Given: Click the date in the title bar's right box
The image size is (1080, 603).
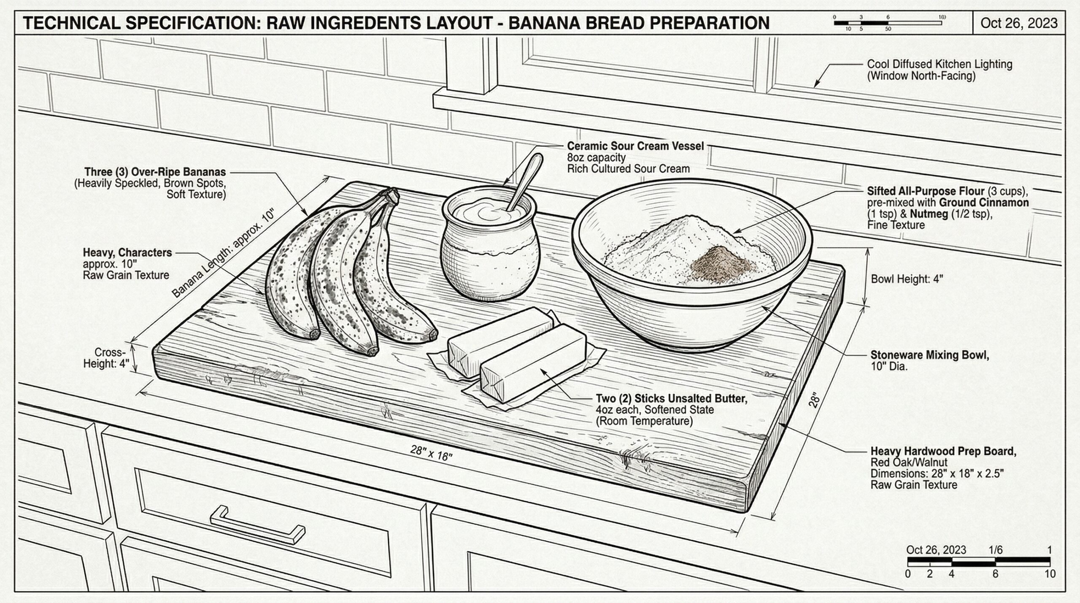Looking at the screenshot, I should point(1018,23).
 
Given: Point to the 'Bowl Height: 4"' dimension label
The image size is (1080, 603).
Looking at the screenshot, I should point(907,279).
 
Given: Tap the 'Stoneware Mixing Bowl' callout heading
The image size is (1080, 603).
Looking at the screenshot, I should point(929,355).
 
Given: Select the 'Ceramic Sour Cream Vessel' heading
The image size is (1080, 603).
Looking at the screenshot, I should point(635,146).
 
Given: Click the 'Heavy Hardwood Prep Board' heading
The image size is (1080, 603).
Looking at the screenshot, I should point(943,451).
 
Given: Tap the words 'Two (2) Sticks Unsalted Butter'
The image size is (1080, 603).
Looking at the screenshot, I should point(671,398).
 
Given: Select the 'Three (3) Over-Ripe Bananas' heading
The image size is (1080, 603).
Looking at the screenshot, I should point(155,172).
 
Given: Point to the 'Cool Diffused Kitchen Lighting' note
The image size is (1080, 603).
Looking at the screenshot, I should point(939,64).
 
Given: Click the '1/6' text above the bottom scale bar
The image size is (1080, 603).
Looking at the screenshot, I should point(995,550).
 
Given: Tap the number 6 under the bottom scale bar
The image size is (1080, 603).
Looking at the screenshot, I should point(995,574).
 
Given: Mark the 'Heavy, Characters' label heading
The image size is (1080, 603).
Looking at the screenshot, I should point(127,252).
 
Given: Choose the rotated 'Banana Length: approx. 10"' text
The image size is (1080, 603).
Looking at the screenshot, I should point(224,254).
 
